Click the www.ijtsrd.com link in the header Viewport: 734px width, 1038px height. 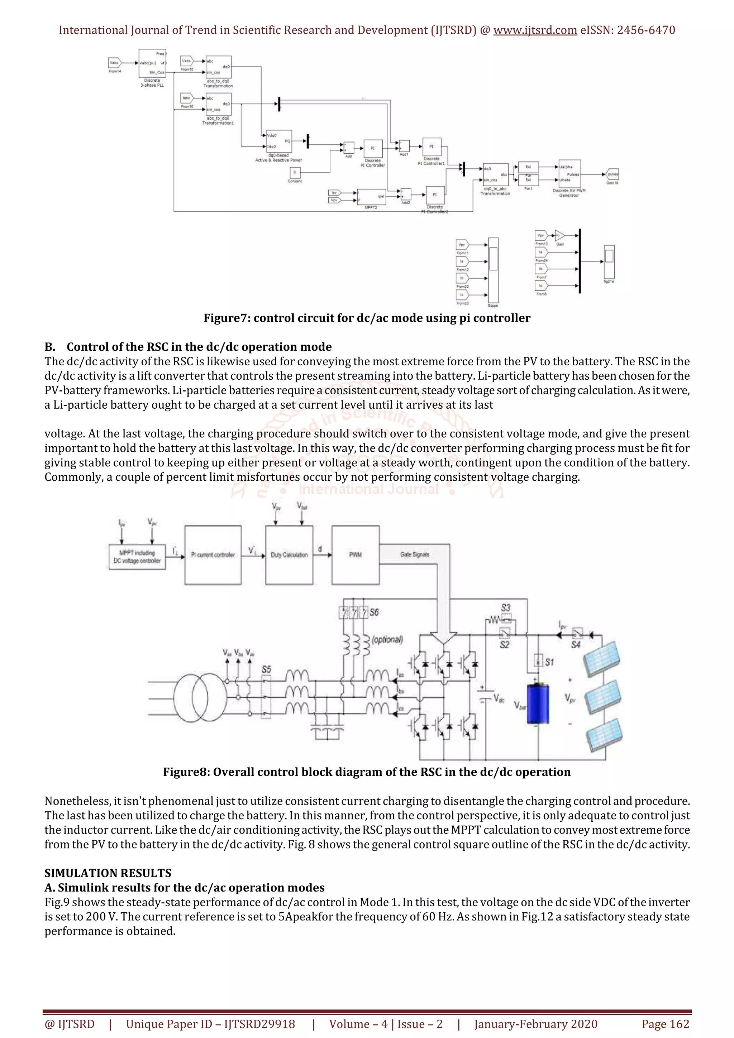point(535,30)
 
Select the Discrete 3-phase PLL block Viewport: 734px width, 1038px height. point(152,63)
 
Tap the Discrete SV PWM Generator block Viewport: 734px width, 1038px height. point(569,174)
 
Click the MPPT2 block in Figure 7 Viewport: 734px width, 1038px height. point(371,196)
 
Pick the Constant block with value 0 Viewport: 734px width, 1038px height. point(294,173)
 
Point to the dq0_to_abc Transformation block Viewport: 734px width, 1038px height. point(495,174)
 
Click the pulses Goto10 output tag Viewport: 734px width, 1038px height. point(613,174)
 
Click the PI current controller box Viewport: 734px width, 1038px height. point(213,555)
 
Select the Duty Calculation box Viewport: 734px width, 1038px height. point(289,555)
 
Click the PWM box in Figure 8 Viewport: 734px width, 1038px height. point(355,555)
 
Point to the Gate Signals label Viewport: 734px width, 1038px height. point(414,554)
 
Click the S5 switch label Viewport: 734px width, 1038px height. point(266,669)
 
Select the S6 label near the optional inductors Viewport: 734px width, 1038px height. point(374,612)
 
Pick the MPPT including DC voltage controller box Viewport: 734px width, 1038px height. point(137,557)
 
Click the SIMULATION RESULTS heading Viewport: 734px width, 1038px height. point(108,873)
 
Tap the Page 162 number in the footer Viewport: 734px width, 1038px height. point(665,1024)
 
